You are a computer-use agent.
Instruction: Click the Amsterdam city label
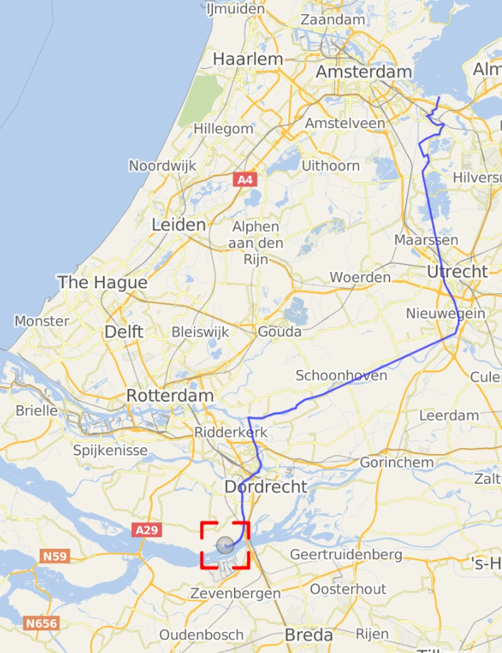[364, 72]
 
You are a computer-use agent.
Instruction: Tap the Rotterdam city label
[170, 396]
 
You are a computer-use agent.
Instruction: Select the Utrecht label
[457, 272]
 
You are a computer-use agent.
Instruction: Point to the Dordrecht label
[266, 487]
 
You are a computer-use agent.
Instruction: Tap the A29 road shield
[146, 530]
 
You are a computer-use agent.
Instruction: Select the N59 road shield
[54, 556]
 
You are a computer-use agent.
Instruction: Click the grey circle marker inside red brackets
[224, 545]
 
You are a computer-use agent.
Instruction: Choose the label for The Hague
[102, 282]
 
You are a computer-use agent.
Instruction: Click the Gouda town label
[279, 332]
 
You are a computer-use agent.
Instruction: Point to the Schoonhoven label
[341, 376]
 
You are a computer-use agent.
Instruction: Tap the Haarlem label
[248, 59]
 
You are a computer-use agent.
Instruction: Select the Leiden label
[179, 225]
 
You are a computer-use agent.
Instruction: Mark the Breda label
[309, 634]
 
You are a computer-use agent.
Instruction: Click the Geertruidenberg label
[346, 554]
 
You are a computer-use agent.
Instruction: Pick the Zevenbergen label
[235, 594]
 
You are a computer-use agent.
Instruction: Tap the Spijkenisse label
[110, 450]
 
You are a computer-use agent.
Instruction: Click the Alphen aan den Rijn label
[255, 243]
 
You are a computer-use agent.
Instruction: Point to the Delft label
[124, 332]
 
